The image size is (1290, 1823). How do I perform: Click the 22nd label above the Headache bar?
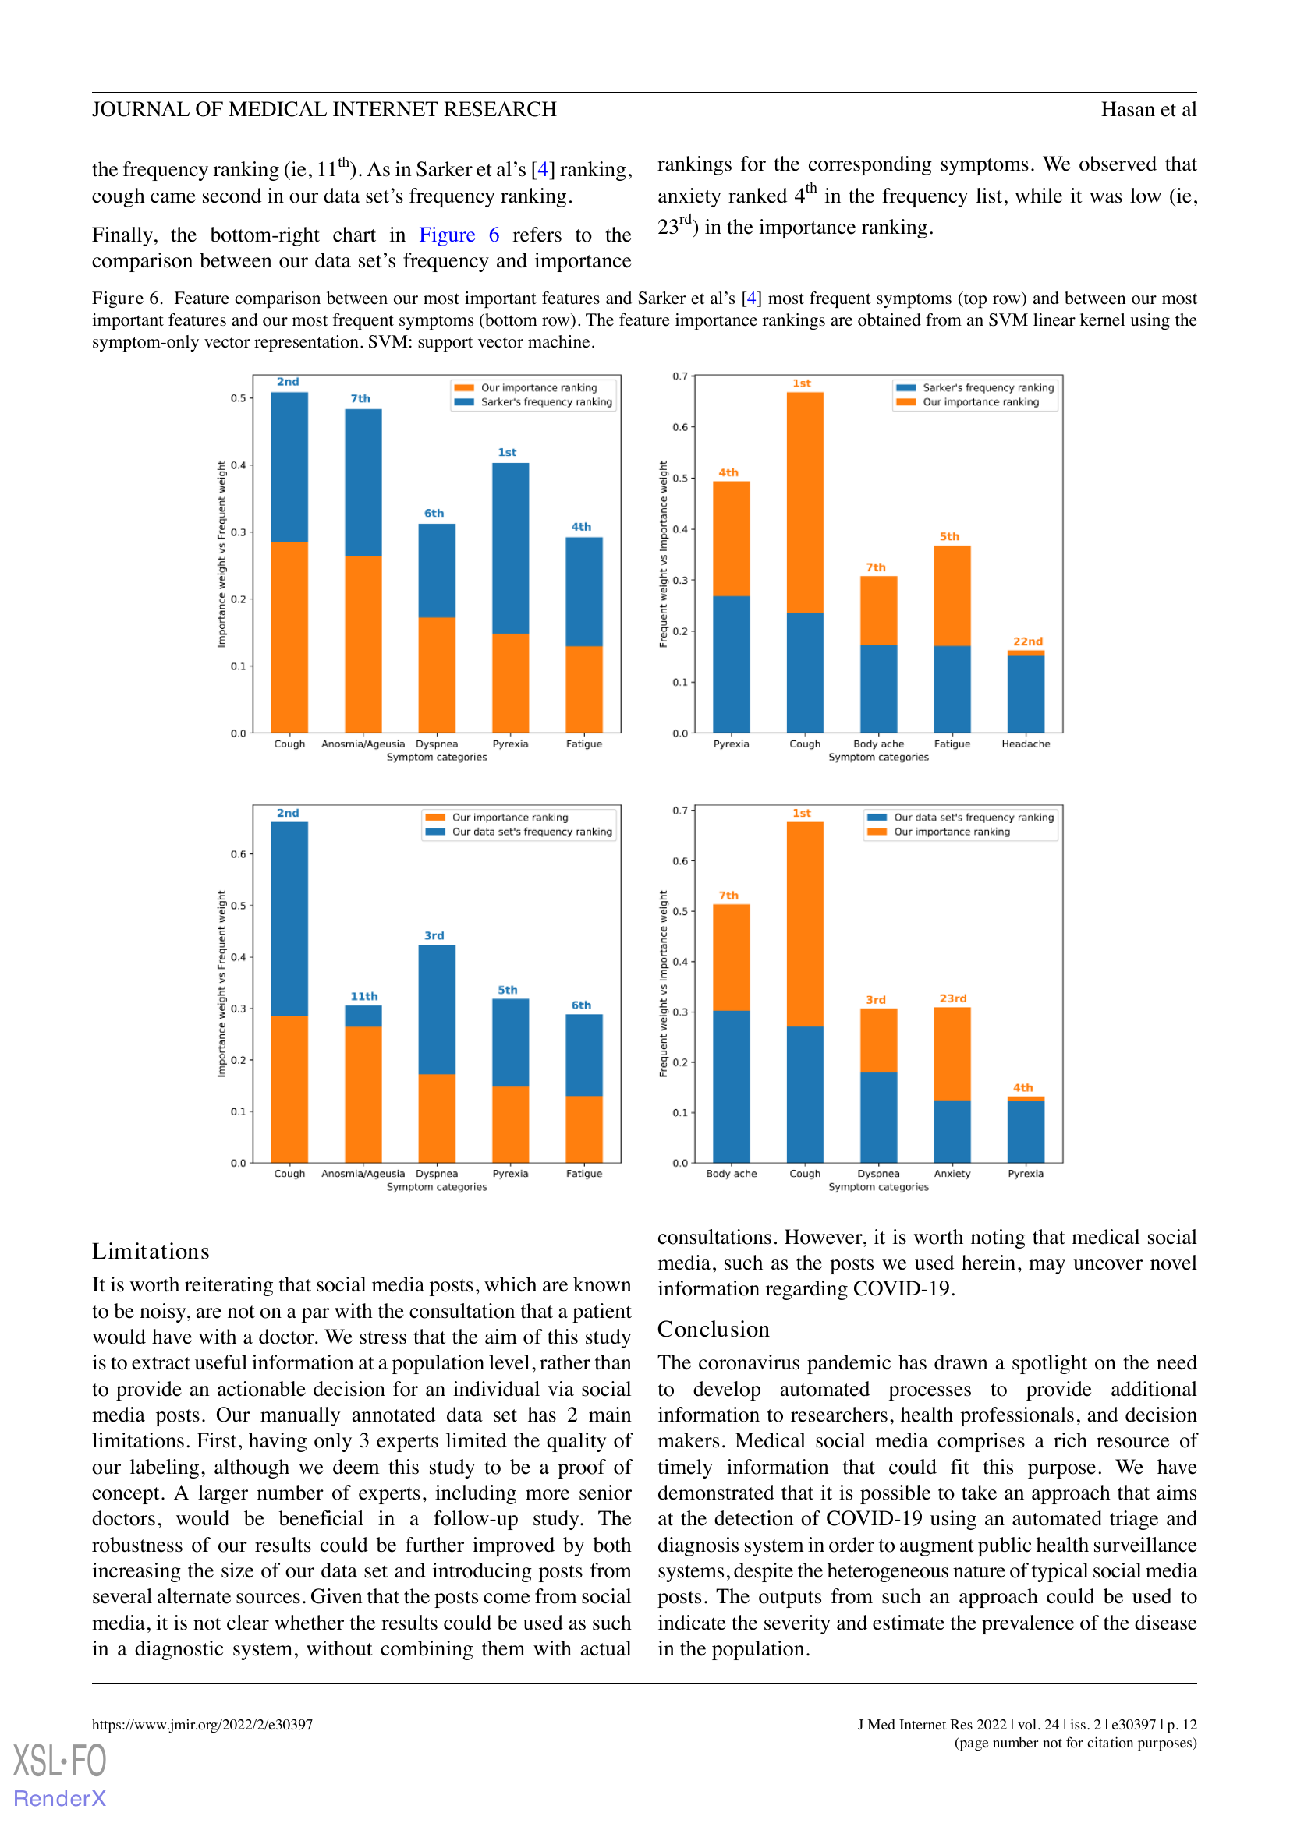coord(1027,641)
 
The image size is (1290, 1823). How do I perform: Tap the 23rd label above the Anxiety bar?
coord(953,998)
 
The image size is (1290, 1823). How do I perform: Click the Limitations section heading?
coord(151,1252)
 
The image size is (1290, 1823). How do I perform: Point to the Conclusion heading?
coord(714,1329)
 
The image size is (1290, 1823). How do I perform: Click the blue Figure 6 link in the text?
coord(459,235)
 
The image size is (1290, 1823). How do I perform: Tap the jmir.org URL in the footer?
coord(203,1725)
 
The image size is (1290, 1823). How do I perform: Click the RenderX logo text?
coord(59,1797)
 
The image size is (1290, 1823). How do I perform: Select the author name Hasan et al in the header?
coord(1149,110)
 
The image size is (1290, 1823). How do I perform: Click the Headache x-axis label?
coord(1026,744)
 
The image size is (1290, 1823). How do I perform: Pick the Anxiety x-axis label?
coord(952,1174)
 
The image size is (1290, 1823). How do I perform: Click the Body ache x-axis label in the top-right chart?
coord(878,744)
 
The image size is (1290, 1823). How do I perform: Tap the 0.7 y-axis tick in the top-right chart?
coord(680,376)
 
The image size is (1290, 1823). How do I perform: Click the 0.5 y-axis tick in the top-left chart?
coord(239,397)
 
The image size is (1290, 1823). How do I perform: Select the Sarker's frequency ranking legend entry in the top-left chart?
coord(533,401)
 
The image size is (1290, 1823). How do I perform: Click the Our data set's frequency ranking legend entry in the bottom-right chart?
coord(960,817)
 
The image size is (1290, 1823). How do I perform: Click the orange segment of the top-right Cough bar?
coord(805,503)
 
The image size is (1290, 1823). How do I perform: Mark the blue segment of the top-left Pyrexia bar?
coord(511,549)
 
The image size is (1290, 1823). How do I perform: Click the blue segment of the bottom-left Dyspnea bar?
coord(437,1009)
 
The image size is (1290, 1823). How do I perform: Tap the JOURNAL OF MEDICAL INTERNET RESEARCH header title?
coord(324,110)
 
